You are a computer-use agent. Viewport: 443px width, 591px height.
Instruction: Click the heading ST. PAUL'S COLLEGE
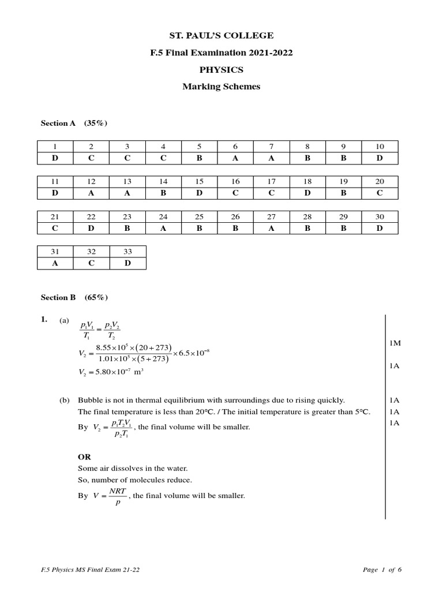(221, 36)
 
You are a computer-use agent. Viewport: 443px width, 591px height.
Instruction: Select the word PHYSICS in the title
(221, 70)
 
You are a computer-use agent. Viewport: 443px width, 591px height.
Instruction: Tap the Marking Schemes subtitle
(221, 87)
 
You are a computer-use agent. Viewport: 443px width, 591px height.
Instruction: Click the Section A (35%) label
(74, 123)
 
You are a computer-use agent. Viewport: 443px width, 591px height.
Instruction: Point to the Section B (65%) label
(74, 297)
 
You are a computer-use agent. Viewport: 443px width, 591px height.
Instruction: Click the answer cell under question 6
(235, 158)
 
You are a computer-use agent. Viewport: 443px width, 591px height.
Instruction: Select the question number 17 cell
(271, 181)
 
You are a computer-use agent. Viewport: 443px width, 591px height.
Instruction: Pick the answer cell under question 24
(163, 228)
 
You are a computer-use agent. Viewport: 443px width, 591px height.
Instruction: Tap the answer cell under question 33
(127, 263)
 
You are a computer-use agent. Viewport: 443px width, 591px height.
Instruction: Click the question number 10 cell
(380, 146)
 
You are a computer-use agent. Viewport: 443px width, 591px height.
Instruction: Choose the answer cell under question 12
(91, 193)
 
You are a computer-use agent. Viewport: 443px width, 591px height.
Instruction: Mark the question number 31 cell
(55, 252)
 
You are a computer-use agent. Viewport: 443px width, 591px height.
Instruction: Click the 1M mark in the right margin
(395, 343)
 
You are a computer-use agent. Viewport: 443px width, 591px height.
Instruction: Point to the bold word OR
(85, 457)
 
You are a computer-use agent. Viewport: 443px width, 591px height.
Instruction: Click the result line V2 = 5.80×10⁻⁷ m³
(111, 372)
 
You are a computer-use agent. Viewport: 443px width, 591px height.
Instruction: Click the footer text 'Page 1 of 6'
(382, 570)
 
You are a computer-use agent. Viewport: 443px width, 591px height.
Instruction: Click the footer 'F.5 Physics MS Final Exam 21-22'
(90, 570)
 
